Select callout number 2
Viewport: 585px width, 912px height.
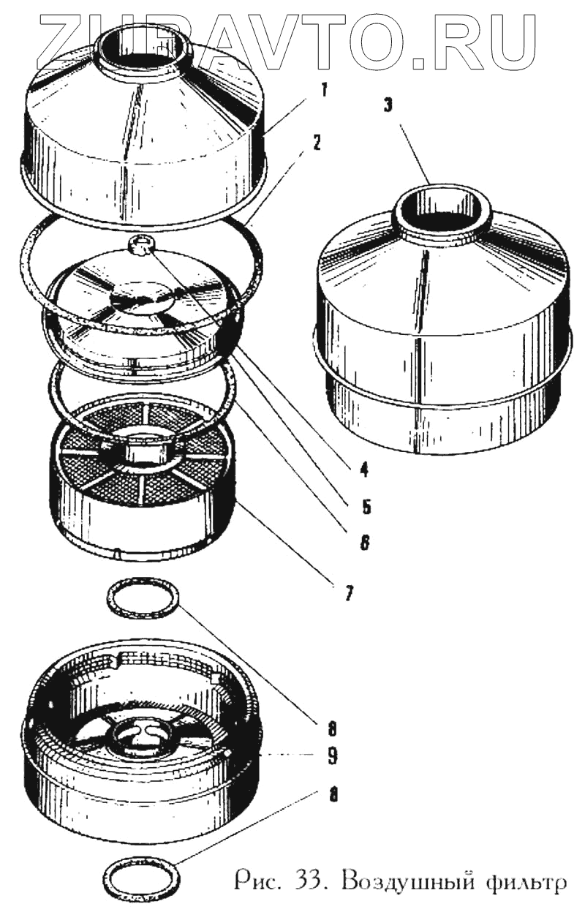(x=316, y=143)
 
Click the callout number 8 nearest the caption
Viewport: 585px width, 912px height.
(x=333, y=795)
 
